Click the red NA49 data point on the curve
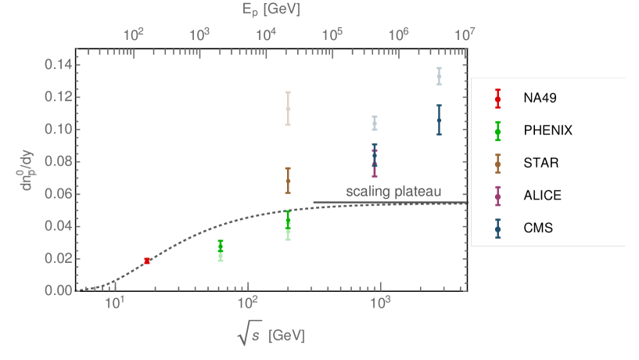tap(147, 261)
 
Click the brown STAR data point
tap(288, 181)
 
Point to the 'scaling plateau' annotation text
tap(393, 192)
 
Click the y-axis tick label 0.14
tap(58, 64)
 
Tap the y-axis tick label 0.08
tap(58, 161)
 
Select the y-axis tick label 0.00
tap(58, 290)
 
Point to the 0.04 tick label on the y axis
tap(58, 226)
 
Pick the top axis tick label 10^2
tap(134, 34)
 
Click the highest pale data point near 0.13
tap(439, 76)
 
